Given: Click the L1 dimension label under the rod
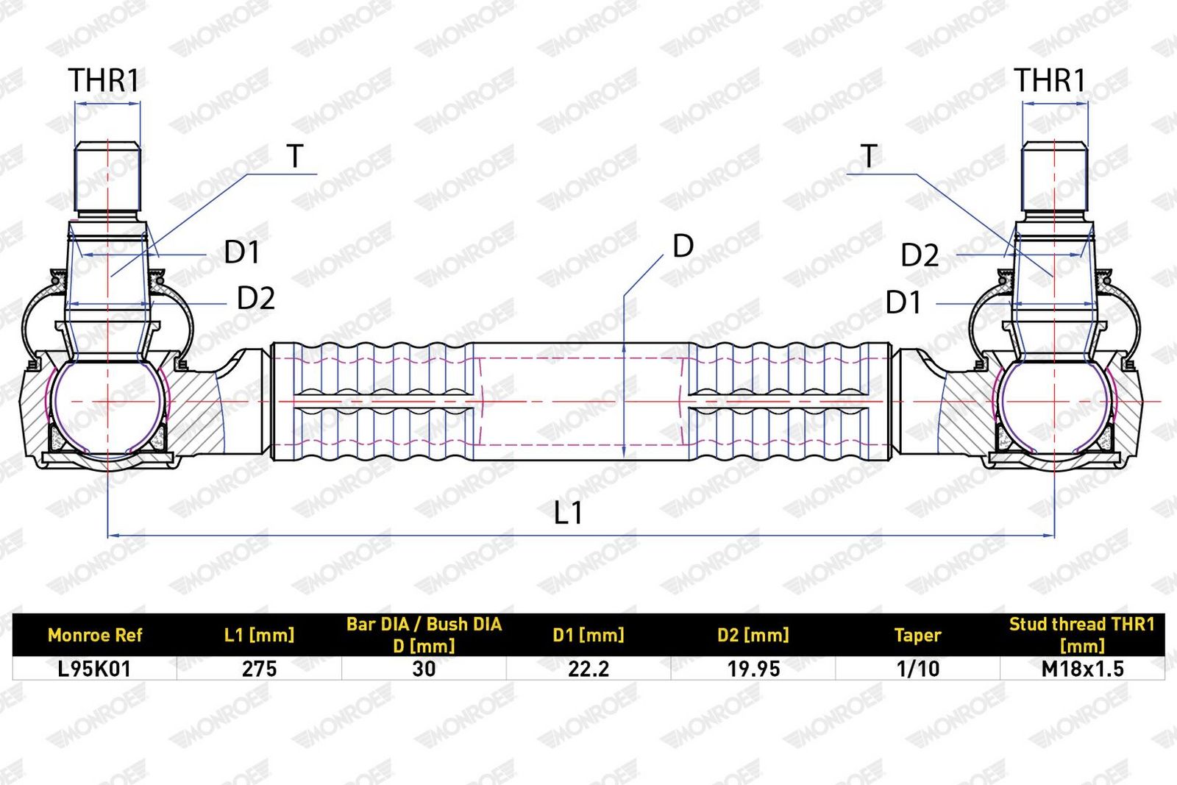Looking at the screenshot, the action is (x=568, y=513).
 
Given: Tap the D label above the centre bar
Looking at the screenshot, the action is (x=683, y=246).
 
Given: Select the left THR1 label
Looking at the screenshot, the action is (x=104, y=80).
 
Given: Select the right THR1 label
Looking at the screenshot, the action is (x=1050, y=80).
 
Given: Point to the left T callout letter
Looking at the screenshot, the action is (x=295, y=156).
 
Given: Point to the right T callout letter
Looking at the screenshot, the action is (x=869, y=156).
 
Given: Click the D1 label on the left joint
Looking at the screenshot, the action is (x=242, y=252).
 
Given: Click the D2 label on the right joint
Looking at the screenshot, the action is (x=920, y=255).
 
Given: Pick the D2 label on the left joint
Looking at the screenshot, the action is (x=256, y=299).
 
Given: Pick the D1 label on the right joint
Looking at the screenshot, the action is (x=903, y=302).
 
